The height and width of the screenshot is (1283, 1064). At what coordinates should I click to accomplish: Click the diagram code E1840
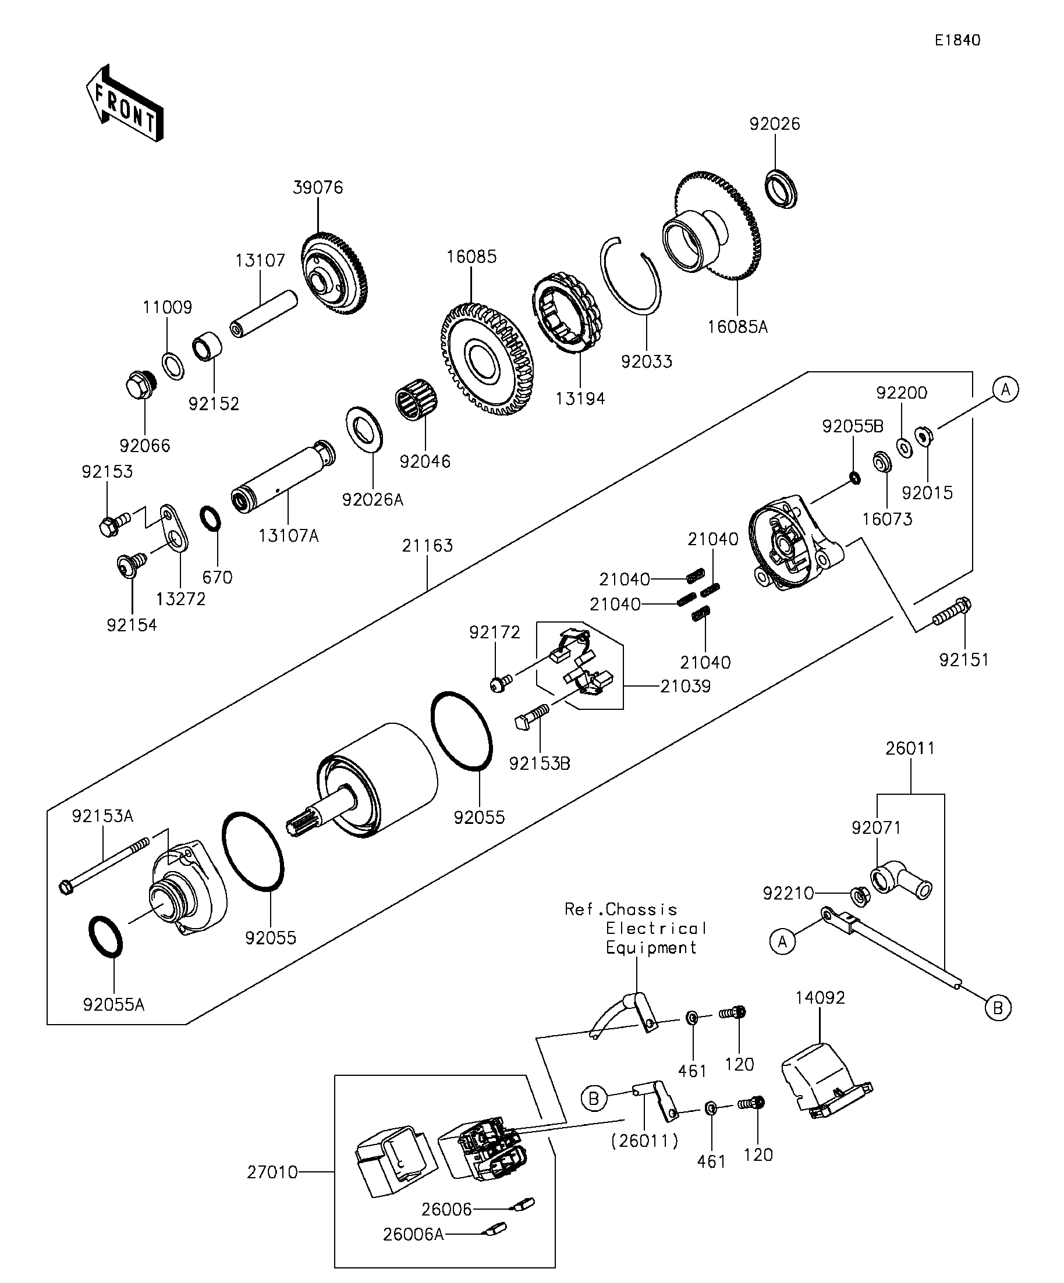957,40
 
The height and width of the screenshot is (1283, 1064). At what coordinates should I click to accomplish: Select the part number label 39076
318,187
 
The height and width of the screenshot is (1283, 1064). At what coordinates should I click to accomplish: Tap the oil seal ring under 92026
781,190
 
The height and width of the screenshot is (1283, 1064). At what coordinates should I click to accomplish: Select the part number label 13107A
289,536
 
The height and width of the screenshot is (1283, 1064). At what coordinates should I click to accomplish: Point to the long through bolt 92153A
104,865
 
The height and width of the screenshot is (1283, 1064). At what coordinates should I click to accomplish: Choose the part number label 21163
427,545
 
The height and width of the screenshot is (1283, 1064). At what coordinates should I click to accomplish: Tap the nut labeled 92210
860,896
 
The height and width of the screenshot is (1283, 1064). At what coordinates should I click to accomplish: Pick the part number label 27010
272,1172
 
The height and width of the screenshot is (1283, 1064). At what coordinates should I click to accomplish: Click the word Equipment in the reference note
651,948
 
